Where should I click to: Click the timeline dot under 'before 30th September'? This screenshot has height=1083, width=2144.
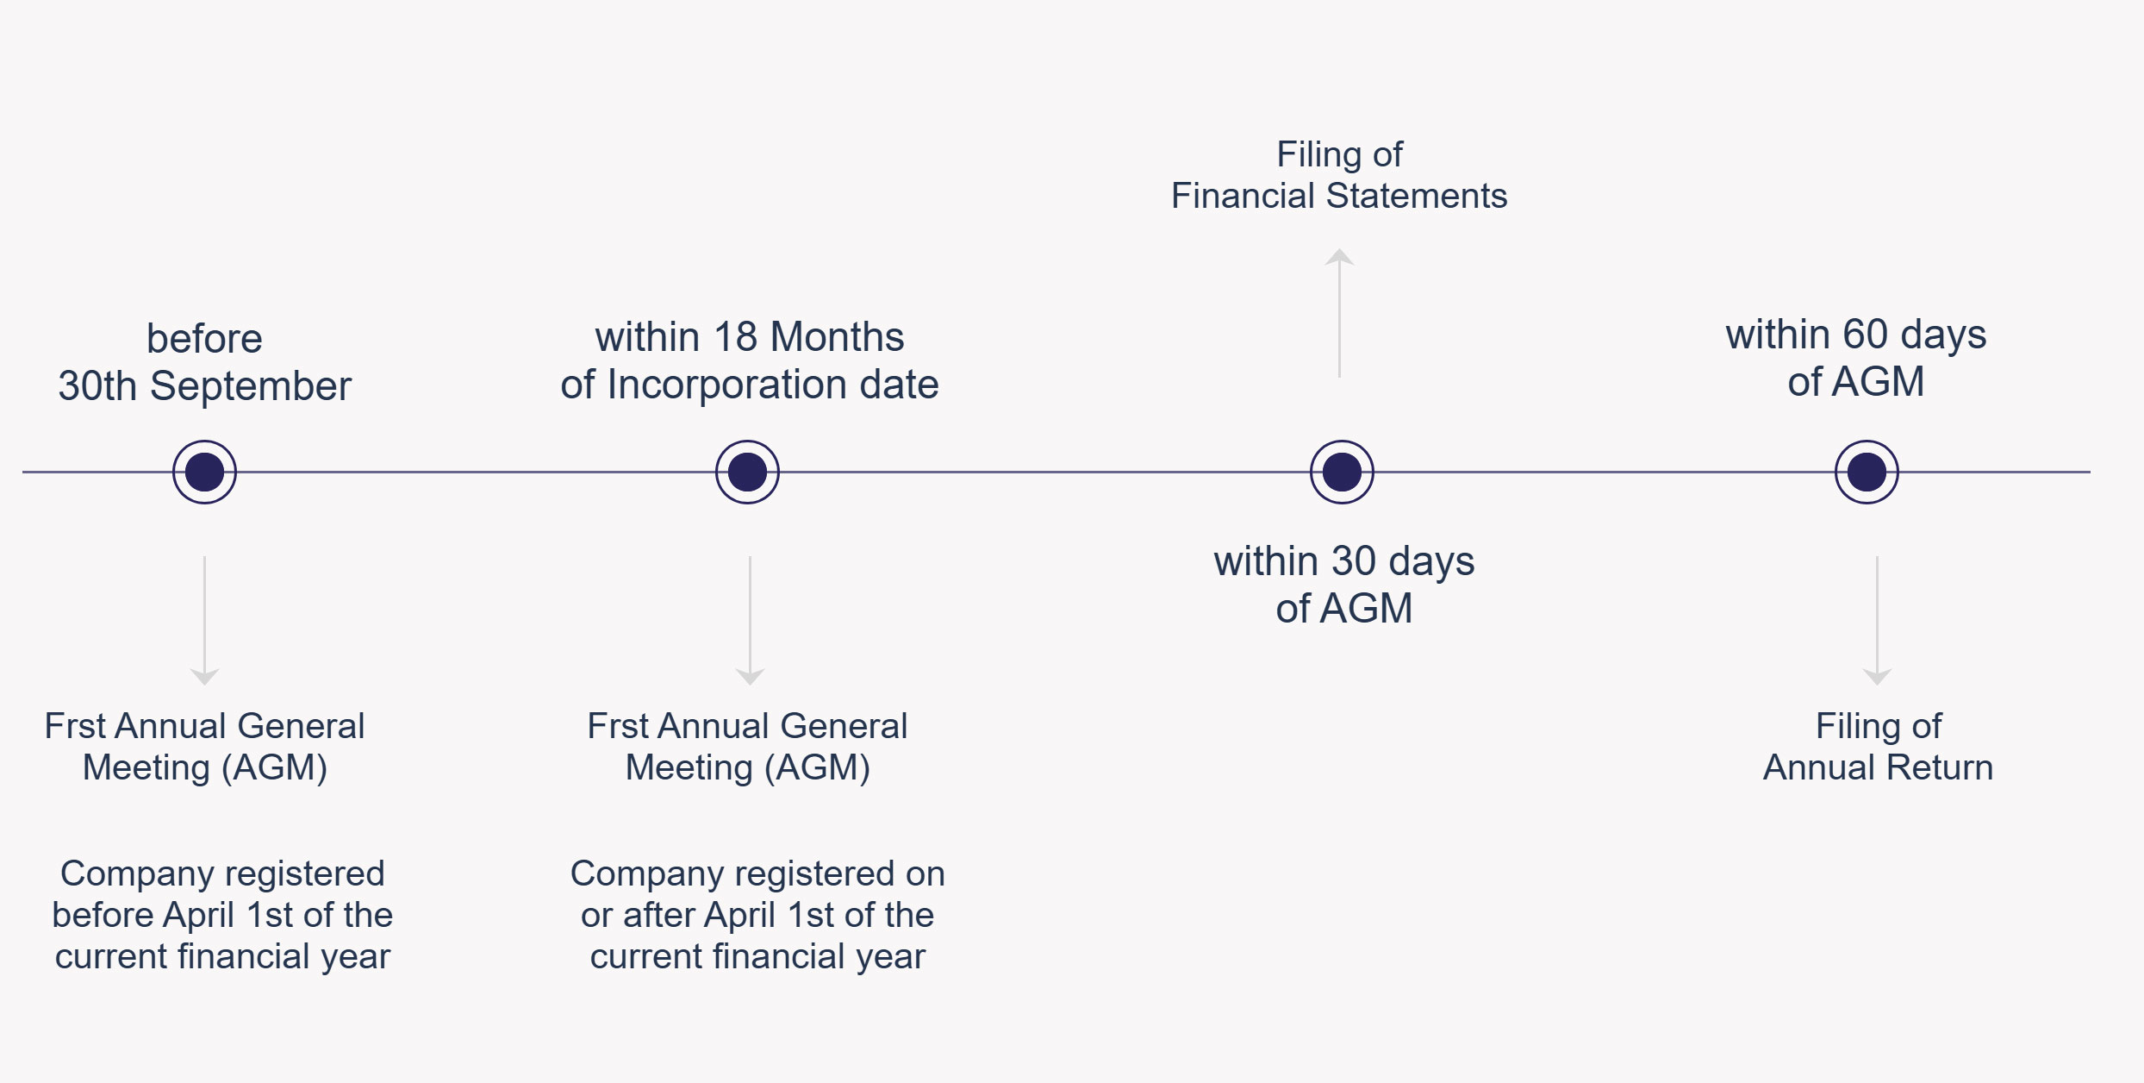(x=204, y=472)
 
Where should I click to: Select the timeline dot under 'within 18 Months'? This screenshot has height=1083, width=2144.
(x=747, y=472)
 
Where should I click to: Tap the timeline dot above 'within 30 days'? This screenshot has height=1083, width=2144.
(x=1342, y=472)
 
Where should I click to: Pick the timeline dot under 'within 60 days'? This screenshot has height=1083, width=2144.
(x=1867, y=472)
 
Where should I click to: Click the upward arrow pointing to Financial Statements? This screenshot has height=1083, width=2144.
(x=1339, y=313)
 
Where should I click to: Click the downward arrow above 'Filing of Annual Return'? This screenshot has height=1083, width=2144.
(x=1877, y=621)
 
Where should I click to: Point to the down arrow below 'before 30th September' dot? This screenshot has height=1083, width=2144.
(x=204, y=621)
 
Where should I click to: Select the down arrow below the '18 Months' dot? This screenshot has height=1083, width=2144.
(x=750, y=621)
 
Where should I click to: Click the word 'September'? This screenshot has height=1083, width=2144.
(x=251, y=386)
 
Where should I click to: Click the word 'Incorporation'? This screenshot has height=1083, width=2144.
(x=728, y=385)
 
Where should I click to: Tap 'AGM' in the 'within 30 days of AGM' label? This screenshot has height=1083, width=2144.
(x=1368, y=609)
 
